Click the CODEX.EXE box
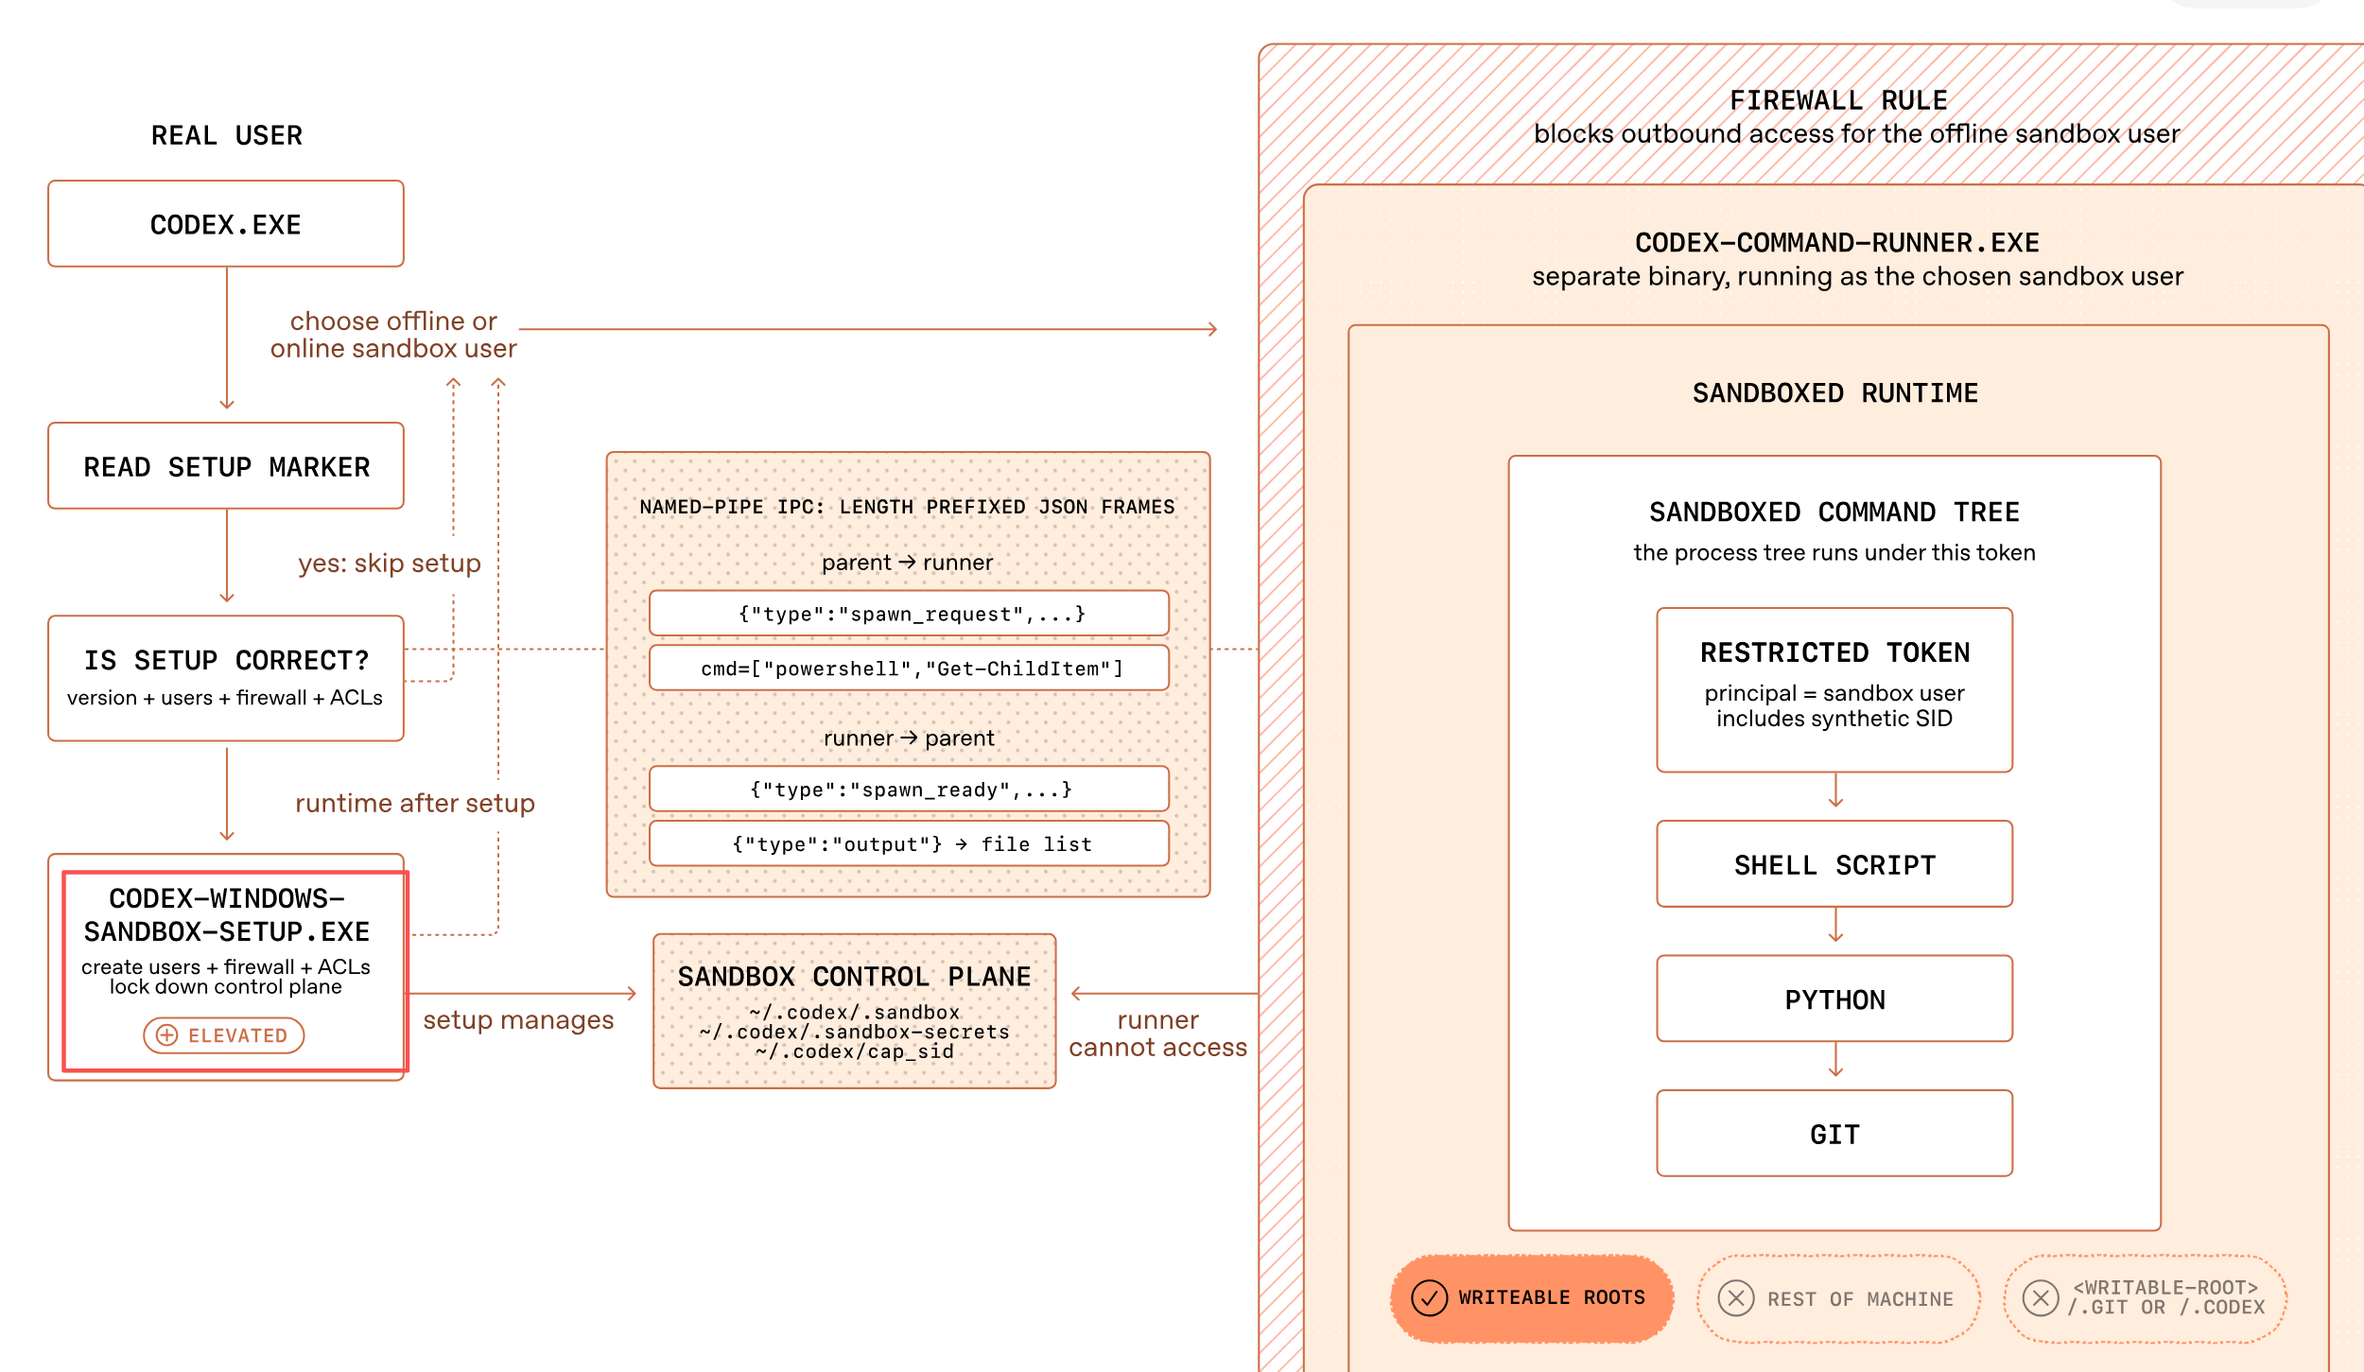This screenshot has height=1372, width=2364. pyautogui.click(x=226, y=224)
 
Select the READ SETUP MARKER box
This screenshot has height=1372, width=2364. pyautogui.click(x=226, y=466)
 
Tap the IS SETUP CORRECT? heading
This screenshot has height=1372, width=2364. pyautogui.click(x=226, y=660)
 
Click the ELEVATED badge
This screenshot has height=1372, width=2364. pyautogui.click(x=224, y=1035)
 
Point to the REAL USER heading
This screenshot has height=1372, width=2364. pyautogui.click(x=227, y=135)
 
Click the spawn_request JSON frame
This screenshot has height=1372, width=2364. pyautogui.click(x=910, y=614)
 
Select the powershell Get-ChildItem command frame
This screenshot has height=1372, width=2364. pyautogui.click(x=910, y=669)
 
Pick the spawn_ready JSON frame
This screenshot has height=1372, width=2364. pyautogui.click(x=910, y=790)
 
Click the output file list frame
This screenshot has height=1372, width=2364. pyautogui.click(x=910, y=844)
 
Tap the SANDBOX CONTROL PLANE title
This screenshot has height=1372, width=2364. pyautogui.click(x=855, y=977)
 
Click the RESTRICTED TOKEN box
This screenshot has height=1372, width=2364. pyautogui.click(x=1834, y=690)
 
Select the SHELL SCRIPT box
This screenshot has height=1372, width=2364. pyautogui.click(x=1834, y=864)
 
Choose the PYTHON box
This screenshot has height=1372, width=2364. pyautogui.click(x=1834, y=999)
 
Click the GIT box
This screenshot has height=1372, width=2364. pyautogui.click(x=1834, y=1134)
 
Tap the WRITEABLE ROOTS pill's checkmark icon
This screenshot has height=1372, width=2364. pyautogui.click(x=1430, y=1298)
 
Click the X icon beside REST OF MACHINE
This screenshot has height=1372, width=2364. pyautogui.click(x=1736, y=1298)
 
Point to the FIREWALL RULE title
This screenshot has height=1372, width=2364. pyautogui.click(x=1839, y=100)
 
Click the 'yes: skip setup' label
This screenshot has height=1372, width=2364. pyautogui.click(x=390, y=564)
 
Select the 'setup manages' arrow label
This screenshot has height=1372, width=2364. pyautogui.click(x=518, y=1020)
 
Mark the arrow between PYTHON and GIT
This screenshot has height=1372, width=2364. pyautogui.click(x=1835, y=1060)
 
